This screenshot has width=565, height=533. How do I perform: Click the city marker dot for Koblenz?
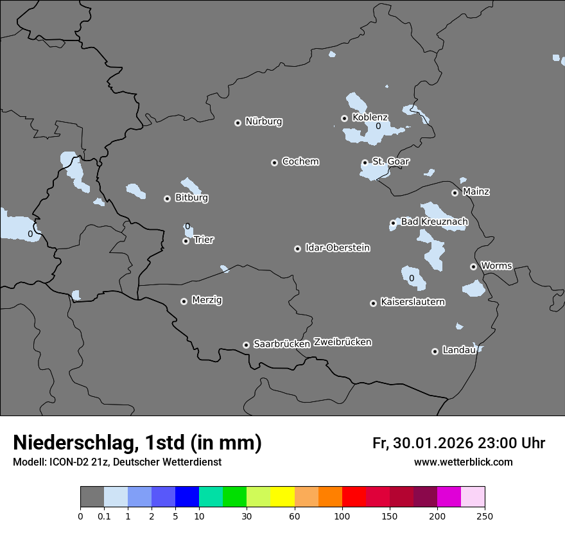[x=345, y=118]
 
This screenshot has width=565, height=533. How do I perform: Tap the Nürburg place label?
[x=264, y=121]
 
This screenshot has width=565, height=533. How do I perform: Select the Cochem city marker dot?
[x=274, y=162]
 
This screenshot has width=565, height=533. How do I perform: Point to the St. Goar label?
[x=390, y=161]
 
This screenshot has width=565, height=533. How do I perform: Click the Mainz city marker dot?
[x=455, y=193]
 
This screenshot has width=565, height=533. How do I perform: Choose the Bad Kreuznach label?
[x=434, y=222]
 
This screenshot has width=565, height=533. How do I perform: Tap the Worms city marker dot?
[x=473, y=266]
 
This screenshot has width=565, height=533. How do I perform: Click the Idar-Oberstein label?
[x=337, y=248]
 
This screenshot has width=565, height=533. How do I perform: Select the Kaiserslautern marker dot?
[x=373, y=303]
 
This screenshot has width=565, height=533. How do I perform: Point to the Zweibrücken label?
[x=342, y=342]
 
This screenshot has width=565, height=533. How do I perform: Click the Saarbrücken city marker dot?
[x=246, y=345]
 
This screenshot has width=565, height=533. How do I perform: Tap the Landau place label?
[x=459, y=350]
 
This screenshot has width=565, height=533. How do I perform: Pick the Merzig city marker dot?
[x=184, y=301]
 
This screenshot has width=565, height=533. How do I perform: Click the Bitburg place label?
[x=191, y=198]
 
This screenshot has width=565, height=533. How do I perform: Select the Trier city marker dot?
[x=186, y=241]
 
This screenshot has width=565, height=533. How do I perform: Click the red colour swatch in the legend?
[x=354, y=497]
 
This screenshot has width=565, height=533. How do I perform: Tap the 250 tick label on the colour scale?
[x=485, y=516]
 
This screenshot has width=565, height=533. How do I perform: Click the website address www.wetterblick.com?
[x=463, y=462]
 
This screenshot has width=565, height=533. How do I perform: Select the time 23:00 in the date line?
[x=493, y=443]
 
